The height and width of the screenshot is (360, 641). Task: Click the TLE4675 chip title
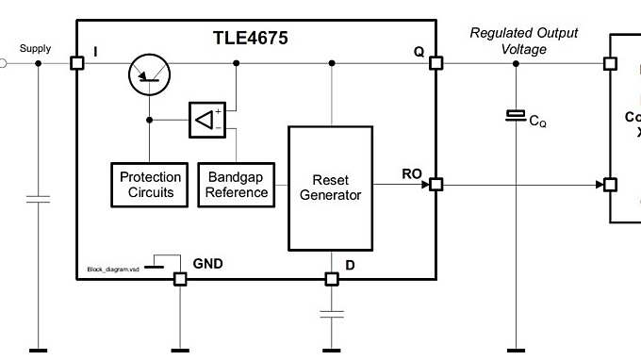(x=250, y=40)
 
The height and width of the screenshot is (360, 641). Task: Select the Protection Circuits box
(x=151, y=185)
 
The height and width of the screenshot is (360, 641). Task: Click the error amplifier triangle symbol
(x=206, y=120)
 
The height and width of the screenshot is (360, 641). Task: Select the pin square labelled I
(x=77, y=63)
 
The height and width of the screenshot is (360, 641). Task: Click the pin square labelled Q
(x=436, y=63)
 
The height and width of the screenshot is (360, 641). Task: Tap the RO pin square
(x=436, y=185)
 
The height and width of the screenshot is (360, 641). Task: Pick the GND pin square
(x=180, y=279)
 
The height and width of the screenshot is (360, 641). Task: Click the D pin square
(x=331, y=279)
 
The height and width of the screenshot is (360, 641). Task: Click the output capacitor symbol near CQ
(x=516, y=115)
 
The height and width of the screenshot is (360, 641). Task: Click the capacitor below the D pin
(x=331, y=315)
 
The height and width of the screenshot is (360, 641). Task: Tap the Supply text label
(x=35, y=48)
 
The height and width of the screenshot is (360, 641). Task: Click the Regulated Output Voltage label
(x=524, y=41)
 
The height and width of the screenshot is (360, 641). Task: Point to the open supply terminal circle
(x=3, y=63)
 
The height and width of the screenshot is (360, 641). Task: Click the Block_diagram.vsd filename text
(x=113, y=269)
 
